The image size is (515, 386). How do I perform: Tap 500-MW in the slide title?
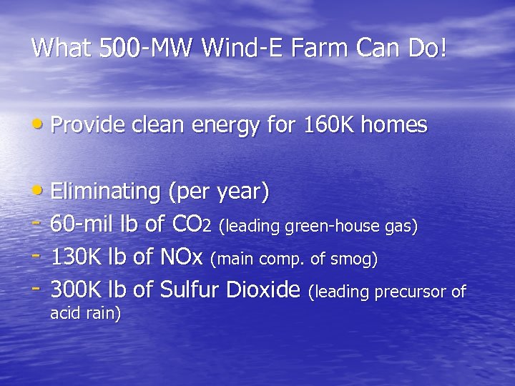[x=136, y=48]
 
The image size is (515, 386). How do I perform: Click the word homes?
[x=393, y=126]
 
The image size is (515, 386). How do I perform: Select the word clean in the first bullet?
[x=152, y=126]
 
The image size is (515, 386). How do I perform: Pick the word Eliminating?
[x=105, y=192]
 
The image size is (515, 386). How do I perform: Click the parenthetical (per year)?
[x=218, y=192]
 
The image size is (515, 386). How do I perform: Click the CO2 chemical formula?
[x=192, y=226]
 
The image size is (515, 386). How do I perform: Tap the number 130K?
[x=77, y=259]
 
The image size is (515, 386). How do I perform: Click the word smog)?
[x=355, y=260]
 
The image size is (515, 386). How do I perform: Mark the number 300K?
[x=77, y=291]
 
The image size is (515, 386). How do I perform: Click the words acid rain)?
[x=85, y=313]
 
